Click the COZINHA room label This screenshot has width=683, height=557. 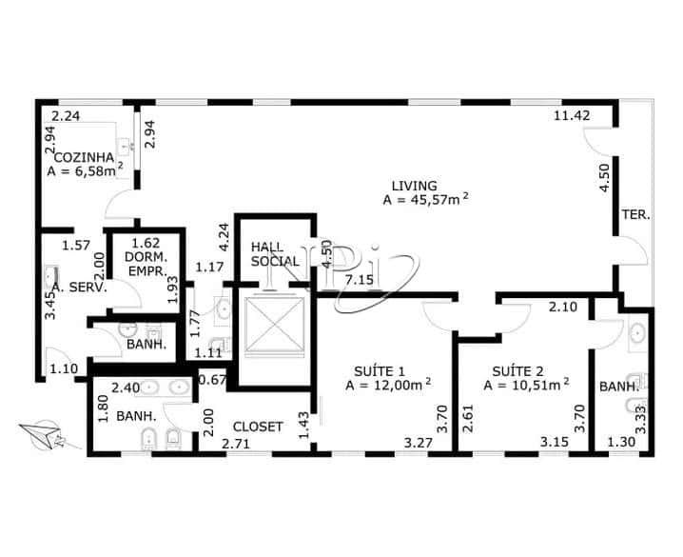(x=84, y=157)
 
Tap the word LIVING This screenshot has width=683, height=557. (x=414, y=186)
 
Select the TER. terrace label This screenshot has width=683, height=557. (x=635, y=215)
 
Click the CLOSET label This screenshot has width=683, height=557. (x=257, y=427)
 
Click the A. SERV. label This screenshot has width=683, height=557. (x=80, y=287)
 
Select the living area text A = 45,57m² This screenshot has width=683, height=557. (x=425, y=200)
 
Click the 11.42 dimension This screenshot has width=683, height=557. (x=574, y=116)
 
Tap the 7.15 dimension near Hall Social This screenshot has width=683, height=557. (x=360, y=280)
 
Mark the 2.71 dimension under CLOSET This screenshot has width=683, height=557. (x=238, y=444)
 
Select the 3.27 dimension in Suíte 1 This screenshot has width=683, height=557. (x=420, y=443)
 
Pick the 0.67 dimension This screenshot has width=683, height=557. (x=211, y=381)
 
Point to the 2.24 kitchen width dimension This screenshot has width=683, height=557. (x=66, y=116)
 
